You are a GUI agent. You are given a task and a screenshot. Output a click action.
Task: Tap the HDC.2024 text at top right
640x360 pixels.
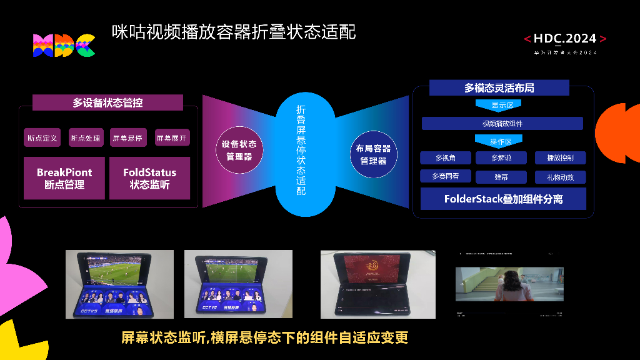[565, 39]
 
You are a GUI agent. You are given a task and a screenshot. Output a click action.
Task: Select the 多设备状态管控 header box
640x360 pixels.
[107, 102]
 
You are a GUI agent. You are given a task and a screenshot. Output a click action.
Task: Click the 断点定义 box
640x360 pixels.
[42, 137]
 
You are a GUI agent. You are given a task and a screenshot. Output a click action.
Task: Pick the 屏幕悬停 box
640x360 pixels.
[127, 137]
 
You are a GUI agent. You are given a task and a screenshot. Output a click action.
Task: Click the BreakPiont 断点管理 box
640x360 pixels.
[64, 178]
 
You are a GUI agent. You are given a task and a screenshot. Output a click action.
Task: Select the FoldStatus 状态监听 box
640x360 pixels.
[149, 178]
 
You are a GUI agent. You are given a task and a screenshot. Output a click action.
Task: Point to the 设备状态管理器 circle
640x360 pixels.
[239, 150]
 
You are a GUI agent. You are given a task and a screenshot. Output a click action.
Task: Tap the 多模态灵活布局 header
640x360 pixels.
[499, 88]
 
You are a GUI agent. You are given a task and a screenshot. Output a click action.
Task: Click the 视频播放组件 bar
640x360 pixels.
[502, 123]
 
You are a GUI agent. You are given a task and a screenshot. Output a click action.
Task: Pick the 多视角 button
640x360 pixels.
[445, 158]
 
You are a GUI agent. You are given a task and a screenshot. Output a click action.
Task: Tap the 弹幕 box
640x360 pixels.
[501, 177]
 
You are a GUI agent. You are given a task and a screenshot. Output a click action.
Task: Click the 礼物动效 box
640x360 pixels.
[560, 177]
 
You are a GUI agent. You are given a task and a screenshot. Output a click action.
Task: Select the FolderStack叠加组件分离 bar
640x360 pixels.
[503, 199]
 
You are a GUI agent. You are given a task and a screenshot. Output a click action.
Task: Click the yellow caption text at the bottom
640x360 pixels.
[264, 338]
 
